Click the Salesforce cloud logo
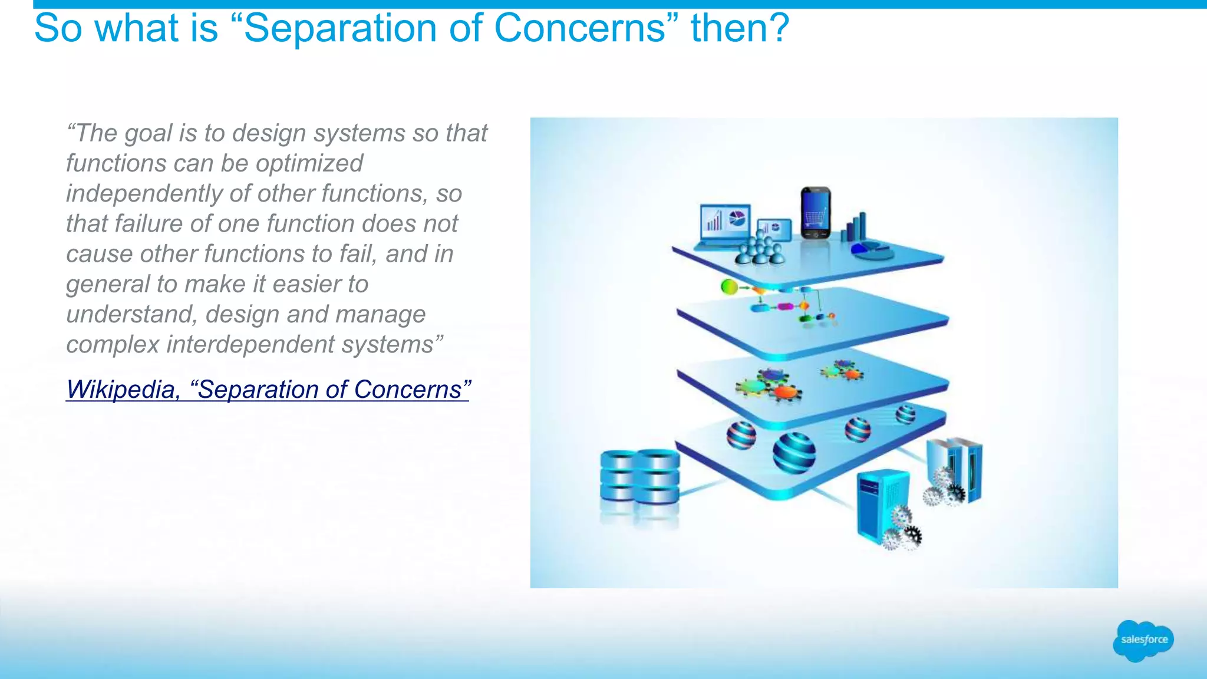tap(1143, 640)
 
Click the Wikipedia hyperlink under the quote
tap(268, 390)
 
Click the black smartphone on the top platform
tap(816, 212)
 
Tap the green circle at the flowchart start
tap(729, 287)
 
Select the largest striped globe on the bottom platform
tap(794, 453)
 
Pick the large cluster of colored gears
tap(768, 385)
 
